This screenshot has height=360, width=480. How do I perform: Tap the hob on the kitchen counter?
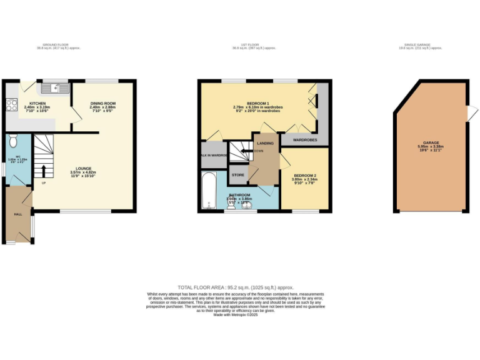11,106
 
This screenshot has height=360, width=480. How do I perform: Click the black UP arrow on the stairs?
44,170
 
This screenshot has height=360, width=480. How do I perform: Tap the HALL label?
18,214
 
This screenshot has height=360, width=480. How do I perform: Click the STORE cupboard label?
238,176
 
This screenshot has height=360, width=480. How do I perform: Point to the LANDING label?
265,143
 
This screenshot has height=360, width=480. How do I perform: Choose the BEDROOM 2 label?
305,176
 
